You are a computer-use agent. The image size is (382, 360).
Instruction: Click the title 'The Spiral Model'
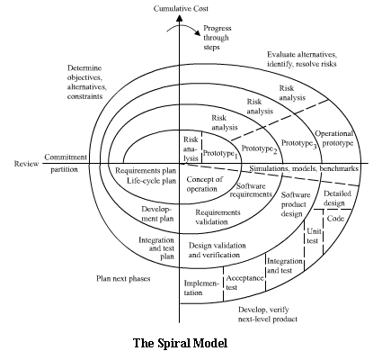(180, 343)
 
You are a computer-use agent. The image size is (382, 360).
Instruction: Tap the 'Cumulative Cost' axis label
(181, 9)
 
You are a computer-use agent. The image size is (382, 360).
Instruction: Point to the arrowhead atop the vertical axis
(179, 18)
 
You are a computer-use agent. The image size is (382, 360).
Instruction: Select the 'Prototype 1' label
(220, 154)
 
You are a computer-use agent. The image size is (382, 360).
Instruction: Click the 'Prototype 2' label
(260, 149)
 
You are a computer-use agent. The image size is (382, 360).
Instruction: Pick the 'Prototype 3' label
(298, 144)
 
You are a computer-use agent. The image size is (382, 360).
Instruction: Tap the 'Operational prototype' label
(334, 139)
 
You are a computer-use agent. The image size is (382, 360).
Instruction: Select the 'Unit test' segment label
(314, 236)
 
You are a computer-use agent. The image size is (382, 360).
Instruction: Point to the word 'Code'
(335, 219)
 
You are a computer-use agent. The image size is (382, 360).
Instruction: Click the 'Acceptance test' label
(244, 283)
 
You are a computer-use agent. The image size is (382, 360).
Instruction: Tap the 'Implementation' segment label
(201, 288)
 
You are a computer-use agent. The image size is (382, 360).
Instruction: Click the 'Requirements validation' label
(218, 217)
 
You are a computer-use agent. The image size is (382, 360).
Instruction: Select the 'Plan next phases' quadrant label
(123, 279)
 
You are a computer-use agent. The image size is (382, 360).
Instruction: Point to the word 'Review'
(26, 164)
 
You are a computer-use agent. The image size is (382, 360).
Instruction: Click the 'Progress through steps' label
(218, 38)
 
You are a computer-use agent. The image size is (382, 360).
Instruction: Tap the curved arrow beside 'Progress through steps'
(184, 28)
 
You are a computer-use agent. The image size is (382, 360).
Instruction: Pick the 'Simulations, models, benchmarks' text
(304, 168)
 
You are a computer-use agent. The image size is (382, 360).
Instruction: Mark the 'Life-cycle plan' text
(151, 181)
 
